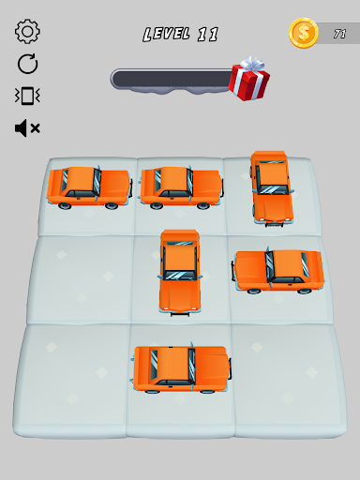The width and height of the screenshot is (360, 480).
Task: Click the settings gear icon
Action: pos(27,31)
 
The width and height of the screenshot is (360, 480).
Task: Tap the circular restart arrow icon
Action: pos(27,64)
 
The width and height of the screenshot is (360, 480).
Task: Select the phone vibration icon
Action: pos(27,96)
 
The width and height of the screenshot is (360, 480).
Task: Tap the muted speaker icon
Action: pos(27,127)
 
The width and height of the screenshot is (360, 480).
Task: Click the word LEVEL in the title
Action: pos(167,34)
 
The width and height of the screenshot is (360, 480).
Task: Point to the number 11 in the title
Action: pos(208,35)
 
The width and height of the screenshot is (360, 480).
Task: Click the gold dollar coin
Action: pos(304,33)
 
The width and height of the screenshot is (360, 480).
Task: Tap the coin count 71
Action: pos(339,34)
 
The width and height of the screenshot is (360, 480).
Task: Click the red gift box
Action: pos(249,82)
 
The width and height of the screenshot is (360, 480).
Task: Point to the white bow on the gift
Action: pos(253,64)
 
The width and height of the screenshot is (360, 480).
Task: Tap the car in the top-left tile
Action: pos(90,187)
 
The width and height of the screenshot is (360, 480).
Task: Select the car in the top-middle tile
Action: pos(182,187)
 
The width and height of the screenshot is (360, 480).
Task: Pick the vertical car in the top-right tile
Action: pos(272,188)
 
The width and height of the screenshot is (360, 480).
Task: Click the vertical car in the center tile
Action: pos(180,272)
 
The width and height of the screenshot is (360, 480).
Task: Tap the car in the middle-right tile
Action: pos(278,271)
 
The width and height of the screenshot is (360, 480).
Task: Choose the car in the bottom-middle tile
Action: pos(181,368)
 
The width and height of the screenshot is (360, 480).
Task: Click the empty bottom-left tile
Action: pos(71,380)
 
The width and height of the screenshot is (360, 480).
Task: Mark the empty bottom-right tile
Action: pos(289,379)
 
